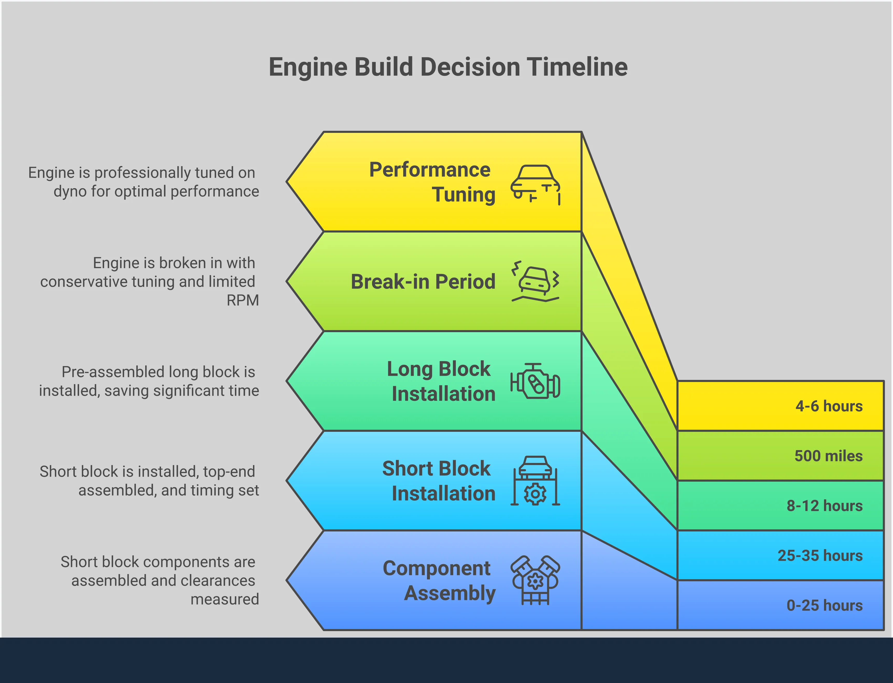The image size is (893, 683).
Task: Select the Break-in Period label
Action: [x=423, y=281]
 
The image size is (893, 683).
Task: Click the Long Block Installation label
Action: [x=441, y=381]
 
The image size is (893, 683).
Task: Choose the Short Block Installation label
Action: [x=439, y=481]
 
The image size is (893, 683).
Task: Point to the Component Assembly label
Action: [x=439, y=580]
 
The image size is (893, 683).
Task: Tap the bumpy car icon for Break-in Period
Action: [x=535, y=281]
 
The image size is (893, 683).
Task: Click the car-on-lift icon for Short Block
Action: [x=535, y=481]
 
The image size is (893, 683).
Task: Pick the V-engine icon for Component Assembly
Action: [x=535, y=580]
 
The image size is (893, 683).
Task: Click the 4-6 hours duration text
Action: [x=829, y=406]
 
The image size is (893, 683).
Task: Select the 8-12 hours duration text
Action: [x=824, y=506]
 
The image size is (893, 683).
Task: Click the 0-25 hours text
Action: [x=824, y=605]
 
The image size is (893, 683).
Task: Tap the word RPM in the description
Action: [x=242, y=300]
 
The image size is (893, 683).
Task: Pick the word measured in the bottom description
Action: [x=225, y=599]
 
